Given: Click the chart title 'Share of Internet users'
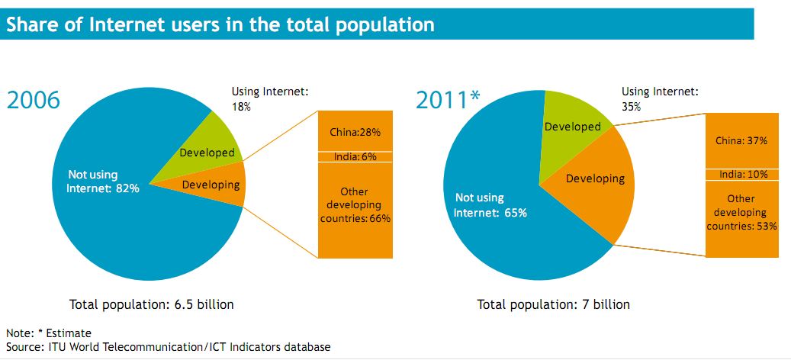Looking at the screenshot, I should (x=220, y=24).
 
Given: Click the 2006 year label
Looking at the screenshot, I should (x=33, y=100).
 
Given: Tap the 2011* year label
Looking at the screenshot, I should (x=449, y=100).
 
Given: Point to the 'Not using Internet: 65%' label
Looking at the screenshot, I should (x=490, y=205).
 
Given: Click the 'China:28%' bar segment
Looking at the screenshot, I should (x=355, y=131).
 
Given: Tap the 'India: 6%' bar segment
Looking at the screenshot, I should (x=355, y=156).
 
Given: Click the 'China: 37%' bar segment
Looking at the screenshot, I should (x=741, y=140).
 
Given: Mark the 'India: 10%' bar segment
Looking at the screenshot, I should (x=741, y=175).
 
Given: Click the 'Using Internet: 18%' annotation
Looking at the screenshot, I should (x=269, y=99).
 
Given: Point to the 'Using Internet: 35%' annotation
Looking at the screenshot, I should (x=659, y=99).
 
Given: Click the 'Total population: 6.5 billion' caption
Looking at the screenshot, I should (x=151, y=304).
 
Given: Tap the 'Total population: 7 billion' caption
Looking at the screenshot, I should (x=553, y=304).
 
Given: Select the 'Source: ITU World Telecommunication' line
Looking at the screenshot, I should (x=169, y=347).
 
